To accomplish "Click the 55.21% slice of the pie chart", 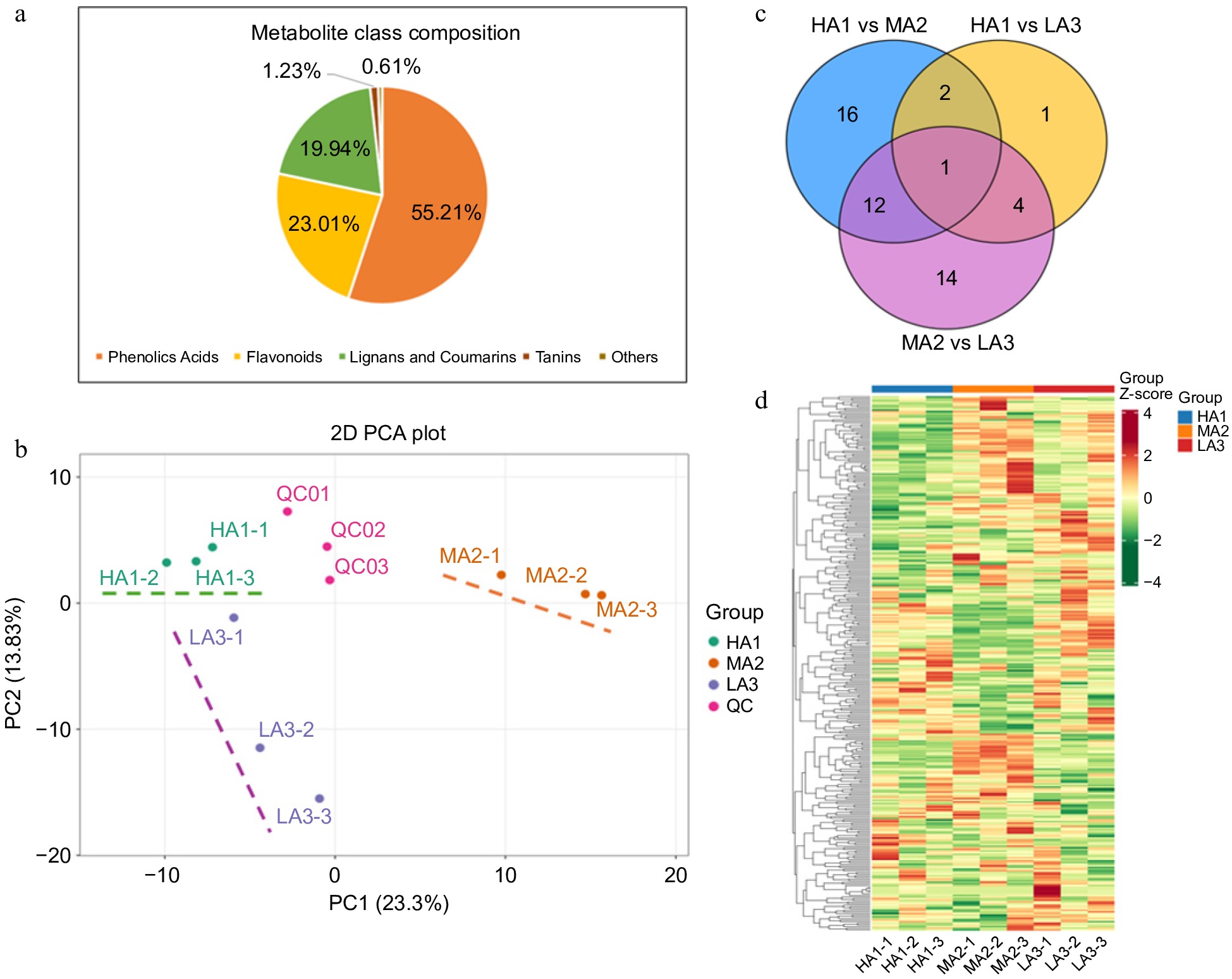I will pyautogui.click(x=430, y=209).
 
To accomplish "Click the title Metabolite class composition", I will pyautogui.click(x=386, y=33).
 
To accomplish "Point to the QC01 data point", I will pyautogui.click(x=288, y=512).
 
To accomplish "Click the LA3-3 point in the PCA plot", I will pyautogui.click(x=320, y=799).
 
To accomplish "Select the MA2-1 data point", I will pyautogui.click(x=501, y=575).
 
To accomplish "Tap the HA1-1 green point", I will pyautogui.click(x=213, y=547).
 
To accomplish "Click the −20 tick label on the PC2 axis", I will pyautogui.click(x=54, y=856).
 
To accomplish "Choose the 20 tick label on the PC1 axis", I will pyautogui.click(x=676, y=876).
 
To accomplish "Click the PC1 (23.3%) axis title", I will pyautogui.click(x=389, y=903).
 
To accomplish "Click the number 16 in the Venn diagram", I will pyautogui.click(x=847, y=115).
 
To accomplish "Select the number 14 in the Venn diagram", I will pyautogui.click(x=946, y=278).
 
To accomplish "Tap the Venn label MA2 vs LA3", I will pyautogui.click(x=958, y=343).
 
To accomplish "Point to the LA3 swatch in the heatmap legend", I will pyautogui.click(x=1185, y=446).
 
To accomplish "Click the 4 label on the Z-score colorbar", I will pyautogui.click(x=1147, y=414).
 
